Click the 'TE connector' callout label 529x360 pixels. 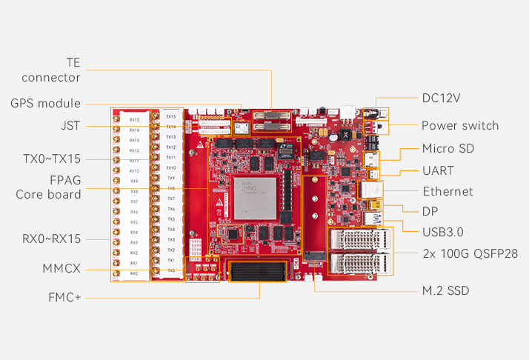coord(52,70)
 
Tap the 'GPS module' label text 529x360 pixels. coord(45,104)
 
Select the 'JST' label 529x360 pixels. coord(71,125)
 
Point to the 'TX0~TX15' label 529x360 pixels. coord(52,159)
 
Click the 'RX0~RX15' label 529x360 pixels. coord(52,238)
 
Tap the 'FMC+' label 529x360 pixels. coord(63,298)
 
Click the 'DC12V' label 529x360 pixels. coord(447,98)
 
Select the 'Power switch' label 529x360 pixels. coord(460,125)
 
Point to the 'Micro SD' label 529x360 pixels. coord(448,149)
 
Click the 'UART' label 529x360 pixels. coord(438,170)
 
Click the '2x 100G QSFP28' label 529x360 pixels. coord(470,253)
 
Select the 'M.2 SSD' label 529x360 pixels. coord(445,290)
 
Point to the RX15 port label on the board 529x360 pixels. coord(134,119)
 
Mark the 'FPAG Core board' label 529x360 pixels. coord(48,187)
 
